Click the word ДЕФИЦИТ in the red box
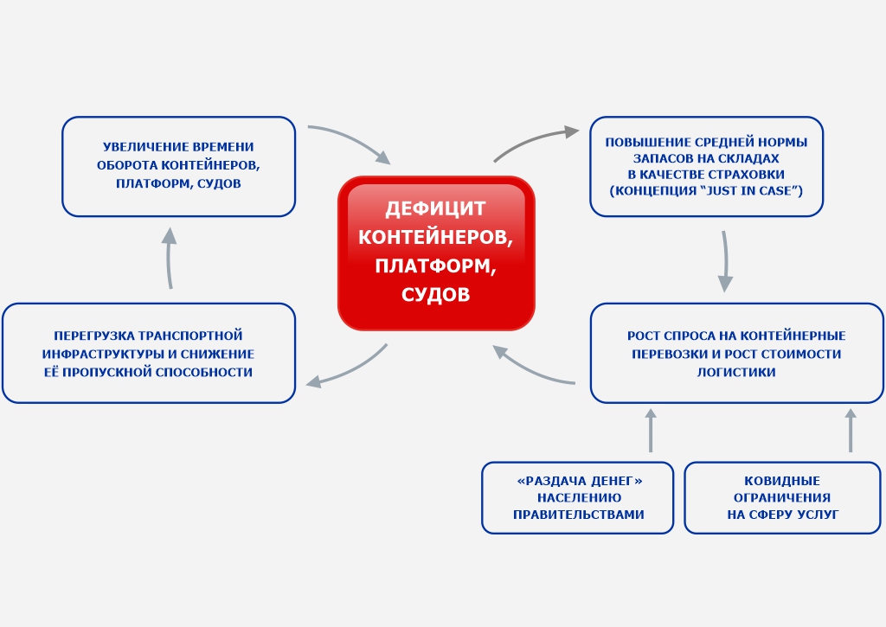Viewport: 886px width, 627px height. (435, 208)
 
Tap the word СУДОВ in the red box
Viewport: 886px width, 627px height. (436, 295)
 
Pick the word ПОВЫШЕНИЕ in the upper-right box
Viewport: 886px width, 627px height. (649, 142)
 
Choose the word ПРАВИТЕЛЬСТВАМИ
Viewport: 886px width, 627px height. (578, 515)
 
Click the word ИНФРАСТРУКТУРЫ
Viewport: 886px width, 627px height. (96, 354)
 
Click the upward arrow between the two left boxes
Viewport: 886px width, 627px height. (170, 257)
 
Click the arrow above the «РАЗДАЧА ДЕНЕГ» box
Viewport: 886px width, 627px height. (651, 430)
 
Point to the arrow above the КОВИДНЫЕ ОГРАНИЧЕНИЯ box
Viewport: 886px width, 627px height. (851, 430)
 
